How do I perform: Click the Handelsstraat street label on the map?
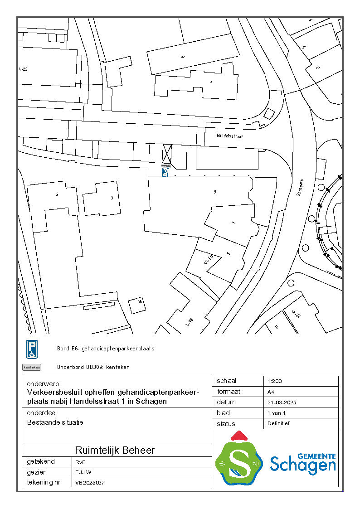pyautogui.click(x=230, y=136)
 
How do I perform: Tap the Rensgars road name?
pyautogui.click(x=299, y=186)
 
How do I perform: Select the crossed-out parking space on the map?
pyautogui.click(x=167, y=154)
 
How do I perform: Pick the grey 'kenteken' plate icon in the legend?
pyautogui.click(x=32, y=367)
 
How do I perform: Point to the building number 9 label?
pyautogui.click(x=214, y=192)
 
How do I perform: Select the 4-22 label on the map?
pyautogui.click(x=23, y=69)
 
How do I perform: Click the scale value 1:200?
pyautogui.click(x=275, y=382)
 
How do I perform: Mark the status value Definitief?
pyautogui.click(x=278, y=424)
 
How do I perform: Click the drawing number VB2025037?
pyautogui.click(x=90, y=483)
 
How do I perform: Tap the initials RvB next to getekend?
pyautogui.click(x=80, y=462)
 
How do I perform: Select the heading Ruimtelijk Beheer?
pyautogui.click(x=115, y=451)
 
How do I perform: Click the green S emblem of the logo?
pyautogui.click(x=239, y=462)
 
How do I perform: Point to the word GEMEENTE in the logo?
pyautogui.click(x=317, y=456)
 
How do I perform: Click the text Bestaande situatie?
pyautogui.click(x=55, y=422)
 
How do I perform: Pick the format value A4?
pyautogui.click(x=271, y=392)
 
